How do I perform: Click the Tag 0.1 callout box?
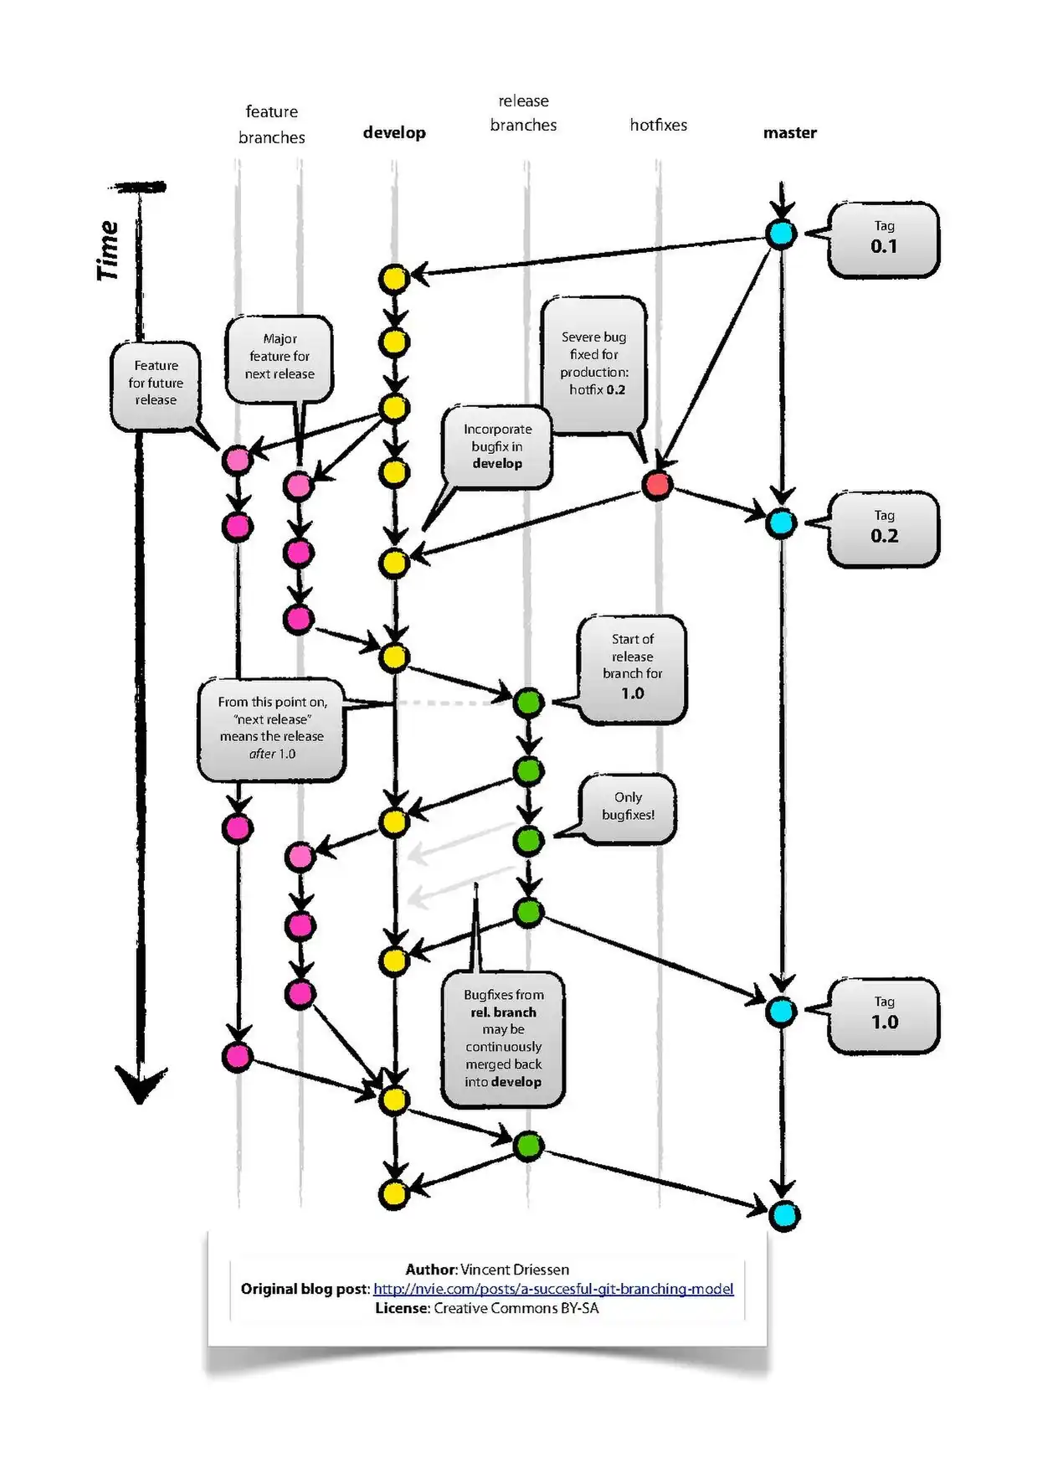pos(883,240)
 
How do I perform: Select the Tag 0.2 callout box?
pos(883,529)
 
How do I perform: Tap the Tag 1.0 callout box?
pos(883,1015)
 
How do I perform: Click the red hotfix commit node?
pos(658,484)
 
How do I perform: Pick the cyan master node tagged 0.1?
pos(781,234)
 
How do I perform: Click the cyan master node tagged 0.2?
pos(781,523)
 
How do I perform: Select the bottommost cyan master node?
pos(784,1215)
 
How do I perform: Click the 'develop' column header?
pos(394,132)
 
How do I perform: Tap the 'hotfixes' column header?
pos(659,125)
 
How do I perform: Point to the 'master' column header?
pos(789,132)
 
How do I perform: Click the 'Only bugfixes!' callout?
pos(628,808)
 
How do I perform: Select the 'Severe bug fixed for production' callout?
pos(593,364)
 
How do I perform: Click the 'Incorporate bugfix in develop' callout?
pos(497,446)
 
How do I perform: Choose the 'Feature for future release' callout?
pos(156,384)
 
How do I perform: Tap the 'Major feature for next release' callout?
pos(280,358)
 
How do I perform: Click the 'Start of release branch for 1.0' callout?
pos(632,668)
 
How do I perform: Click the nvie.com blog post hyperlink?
pos(553,1289)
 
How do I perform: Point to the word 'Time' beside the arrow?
pos(107,250)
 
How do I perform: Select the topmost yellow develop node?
pos(393,278)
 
